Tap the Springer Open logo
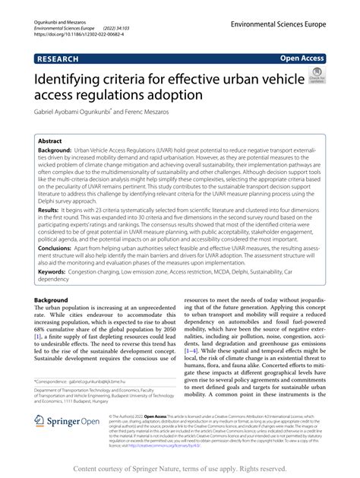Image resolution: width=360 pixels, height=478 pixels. pyautogui.click(x=68, y=444)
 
